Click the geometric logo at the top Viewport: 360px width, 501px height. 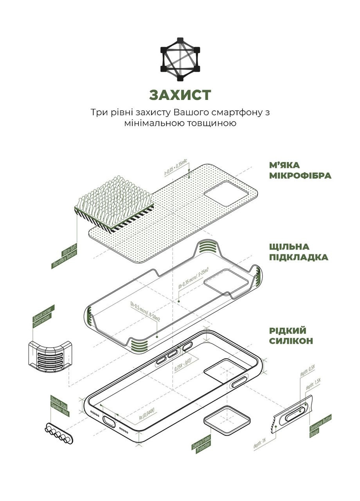tap(180, 59)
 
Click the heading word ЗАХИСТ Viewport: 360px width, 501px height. tap(180, 95)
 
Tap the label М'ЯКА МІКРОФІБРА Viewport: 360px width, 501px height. tap(300, 170)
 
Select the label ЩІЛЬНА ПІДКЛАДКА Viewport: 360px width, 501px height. tap(298, 252)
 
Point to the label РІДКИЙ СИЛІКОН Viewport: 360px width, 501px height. tap(291, 335)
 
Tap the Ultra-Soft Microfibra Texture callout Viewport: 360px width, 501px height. tap(65, 255)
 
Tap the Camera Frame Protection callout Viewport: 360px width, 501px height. tap(201, 443)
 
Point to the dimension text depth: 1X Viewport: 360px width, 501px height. tap(259, 442)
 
